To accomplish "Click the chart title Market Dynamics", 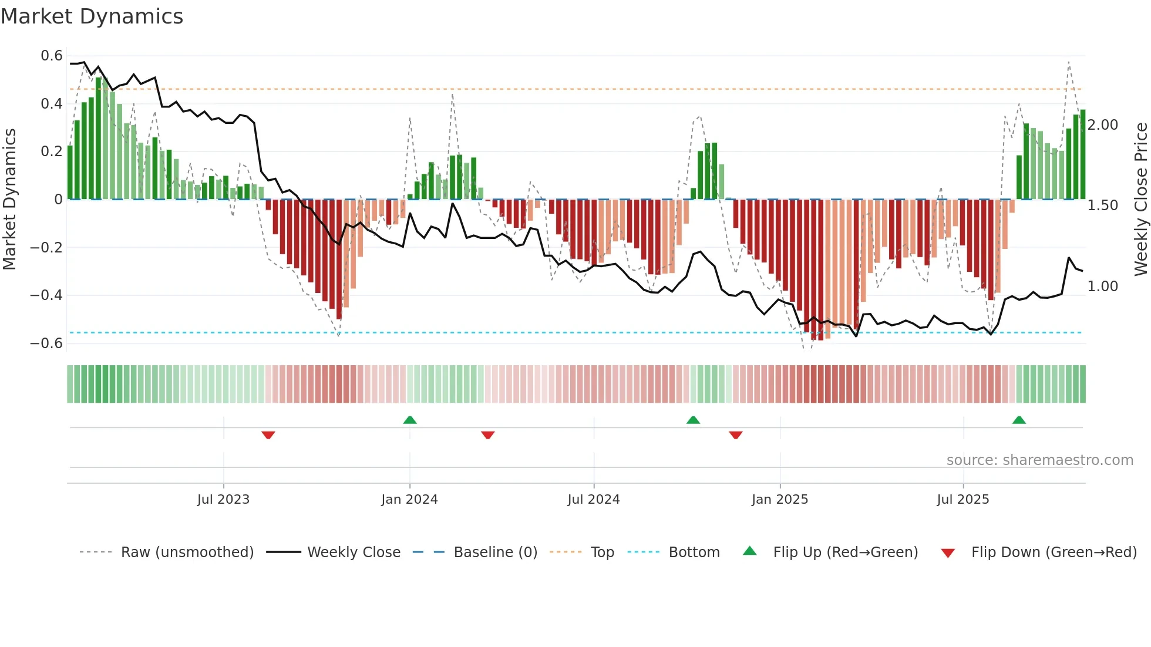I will [x=92, y=16].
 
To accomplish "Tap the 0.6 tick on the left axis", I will [x=52, y=56].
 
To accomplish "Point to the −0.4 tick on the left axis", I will [x=46, y=295].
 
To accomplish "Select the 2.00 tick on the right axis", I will [x=1102, y=125].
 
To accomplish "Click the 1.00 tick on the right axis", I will [x=1102, y=287].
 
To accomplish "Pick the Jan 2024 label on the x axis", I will [x=409, y=500].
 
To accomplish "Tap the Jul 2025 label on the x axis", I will [x=962, y=500].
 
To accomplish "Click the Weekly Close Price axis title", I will [x=1140, y=199].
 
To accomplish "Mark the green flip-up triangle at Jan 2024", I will [x=410, y=420].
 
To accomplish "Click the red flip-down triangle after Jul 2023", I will [x=268, y=435].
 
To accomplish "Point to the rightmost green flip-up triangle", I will [x=1019, y=420].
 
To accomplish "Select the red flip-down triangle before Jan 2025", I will [x=736, y=435].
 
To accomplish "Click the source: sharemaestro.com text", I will [x=1039, y=460].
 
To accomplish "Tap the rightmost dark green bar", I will [x=1082, y=154].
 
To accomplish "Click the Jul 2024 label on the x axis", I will [x=593, y=500].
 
